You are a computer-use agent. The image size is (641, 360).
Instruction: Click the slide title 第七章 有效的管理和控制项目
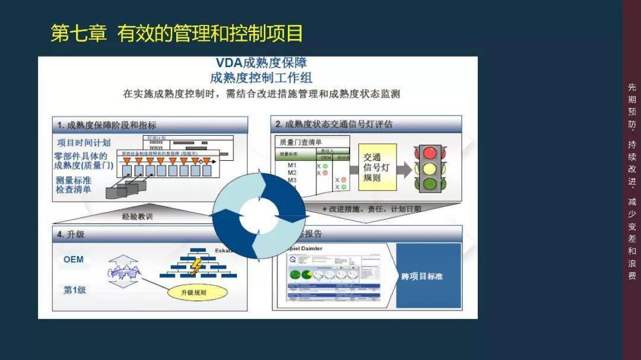click(x=176, y=33)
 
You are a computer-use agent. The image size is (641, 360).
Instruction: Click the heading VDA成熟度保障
click(x=261, y=63)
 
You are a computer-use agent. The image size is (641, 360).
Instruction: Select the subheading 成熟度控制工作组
click(x=261, y=78)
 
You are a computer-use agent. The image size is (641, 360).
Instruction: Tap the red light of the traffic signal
click(x=429, y=153)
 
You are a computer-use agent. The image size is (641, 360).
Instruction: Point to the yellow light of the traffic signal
click(x=429, y=169)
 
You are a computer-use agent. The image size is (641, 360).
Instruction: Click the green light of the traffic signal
click(x=429, y=184)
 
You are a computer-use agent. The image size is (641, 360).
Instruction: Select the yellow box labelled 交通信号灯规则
click(x=377, y=167)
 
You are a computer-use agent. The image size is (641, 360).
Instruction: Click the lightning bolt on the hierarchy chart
click(x=195, y=267)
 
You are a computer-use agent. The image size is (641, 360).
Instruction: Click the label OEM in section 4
click(x=74, y=260)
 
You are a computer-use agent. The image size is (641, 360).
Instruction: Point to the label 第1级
click(x=75, y=289)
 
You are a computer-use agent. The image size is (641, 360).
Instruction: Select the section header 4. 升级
click(x=71, y=234)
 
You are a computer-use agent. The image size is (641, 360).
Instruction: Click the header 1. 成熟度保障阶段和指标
click(x=107, y=125)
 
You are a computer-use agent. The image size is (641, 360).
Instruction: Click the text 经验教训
click(x=137, y=216)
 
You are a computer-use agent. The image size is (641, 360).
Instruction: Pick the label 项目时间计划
click(x=84, y=143)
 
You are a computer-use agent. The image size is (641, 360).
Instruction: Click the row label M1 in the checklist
click(x=292, y=165)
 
